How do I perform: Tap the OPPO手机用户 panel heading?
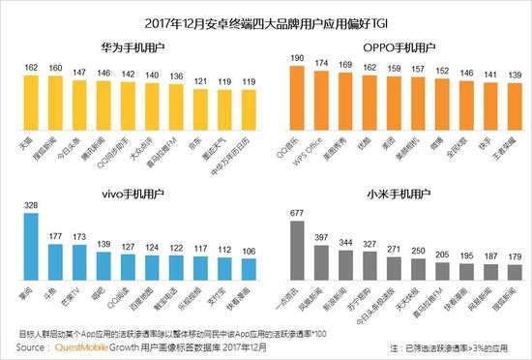(397, 46)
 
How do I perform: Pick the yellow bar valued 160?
(57, 103)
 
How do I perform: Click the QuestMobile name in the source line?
(80, 345)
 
